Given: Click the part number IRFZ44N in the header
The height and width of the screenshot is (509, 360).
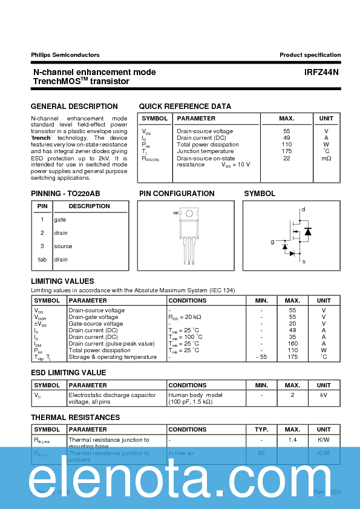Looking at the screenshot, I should pyautogui.click(x=321, y=72).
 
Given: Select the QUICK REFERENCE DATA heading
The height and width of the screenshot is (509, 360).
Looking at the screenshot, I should pyautogui.click(x=185, y=107).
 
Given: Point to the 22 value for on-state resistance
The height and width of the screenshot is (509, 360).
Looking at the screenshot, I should pyautogui.click(x=287, y=158).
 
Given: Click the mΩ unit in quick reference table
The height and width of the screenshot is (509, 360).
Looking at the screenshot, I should pyautogui.click(x=326, y=158).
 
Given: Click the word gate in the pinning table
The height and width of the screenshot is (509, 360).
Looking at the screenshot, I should pyautogui.click(x=60, y=220).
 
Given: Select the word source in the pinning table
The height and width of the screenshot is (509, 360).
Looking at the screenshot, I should pyautogui.click(x=63, y=246).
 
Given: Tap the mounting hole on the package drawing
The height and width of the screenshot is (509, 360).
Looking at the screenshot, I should pyautogui.click(x=189, y=213).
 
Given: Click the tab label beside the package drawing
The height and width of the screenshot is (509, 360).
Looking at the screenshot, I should pyautogui.click(x=175, y=213).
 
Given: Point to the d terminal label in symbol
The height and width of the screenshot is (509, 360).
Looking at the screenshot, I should pyautogui.click(x=303, y=209).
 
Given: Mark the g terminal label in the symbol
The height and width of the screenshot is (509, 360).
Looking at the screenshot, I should pyautogui.click(x=272, y=241).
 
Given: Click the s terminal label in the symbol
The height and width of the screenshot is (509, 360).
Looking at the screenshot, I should pyautogui.click(x=304, y=261).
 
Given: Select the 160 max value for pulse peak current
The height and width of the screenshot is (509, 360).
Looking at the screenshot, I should pyautogui.click(x=292, y=344).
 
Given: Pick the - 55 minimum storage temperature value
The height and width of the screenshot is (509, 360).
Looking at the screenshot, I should pyautogui.click(x=261, y=357).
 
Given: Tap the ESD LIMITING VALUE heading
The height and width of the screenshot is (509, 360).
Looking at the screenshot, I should pyautogui.click(x=68, y=373).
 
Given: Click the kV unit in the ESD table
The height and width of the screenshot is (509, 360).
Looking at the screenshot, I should pyautogui.click(x=324, y=395).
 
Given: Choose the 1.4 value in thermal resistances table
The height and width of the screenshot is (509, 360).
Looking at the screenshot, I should pyautogui.click(x=292, y=440).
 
